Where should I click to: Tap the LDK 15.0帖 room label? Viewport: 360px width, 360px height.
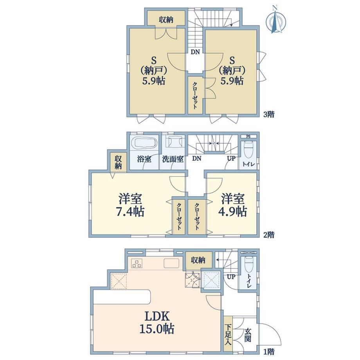pyautogui.click(x=157, y=322)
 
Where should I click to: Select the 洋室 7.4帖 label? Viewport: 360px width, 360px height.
pyautogui.click(x=130, y=205)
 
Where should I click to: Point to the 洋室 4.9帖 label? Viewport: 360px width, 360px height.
pyautogui.click(x=232, y=205)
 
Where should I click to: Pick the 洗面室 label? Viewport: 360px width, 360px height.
pyautogui.click(x=173, y=159)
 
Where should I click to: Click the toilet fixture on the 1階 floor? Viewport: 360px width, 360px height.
pyautogui.click(x=248, y=264)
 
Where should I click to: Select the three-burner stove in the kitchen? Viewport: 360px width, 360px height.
pyautogui.click(x=137, y=263)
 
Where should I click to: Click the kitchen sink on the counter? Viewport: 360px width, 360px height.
pyautogui.click(x=171, y=263)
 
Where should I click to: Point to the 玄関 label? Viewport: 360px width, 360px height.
pyautogui.click(x=247, y=335)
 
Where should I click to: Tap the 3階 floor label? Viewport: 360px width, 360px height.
pyautogui.click(x=268, y=115)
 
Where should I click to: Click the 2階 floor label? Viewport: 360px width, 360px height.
pyautogui.click(x=268, y=235)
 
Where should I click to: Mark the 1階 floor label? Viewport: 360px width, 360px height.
pyautogui.click(x=268, y=351)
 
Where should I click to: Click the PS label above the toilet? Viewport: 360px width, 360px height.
pyautogui.click(x=248, y=137)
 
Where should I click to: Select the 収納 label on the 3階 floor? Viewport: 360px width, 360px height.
pyautogui.click(x=166, y=20)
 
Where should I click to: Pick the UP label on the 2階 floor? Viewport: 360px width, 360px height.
pyautogui.click(x=231, y=158)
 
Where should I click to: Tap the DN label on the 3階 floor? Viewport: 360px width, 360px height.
pyautogui.click(x=195, y=52)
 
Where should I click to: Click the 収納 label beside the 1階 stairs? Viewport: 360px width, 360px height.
pyautogui.click(x=198, y=260)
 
